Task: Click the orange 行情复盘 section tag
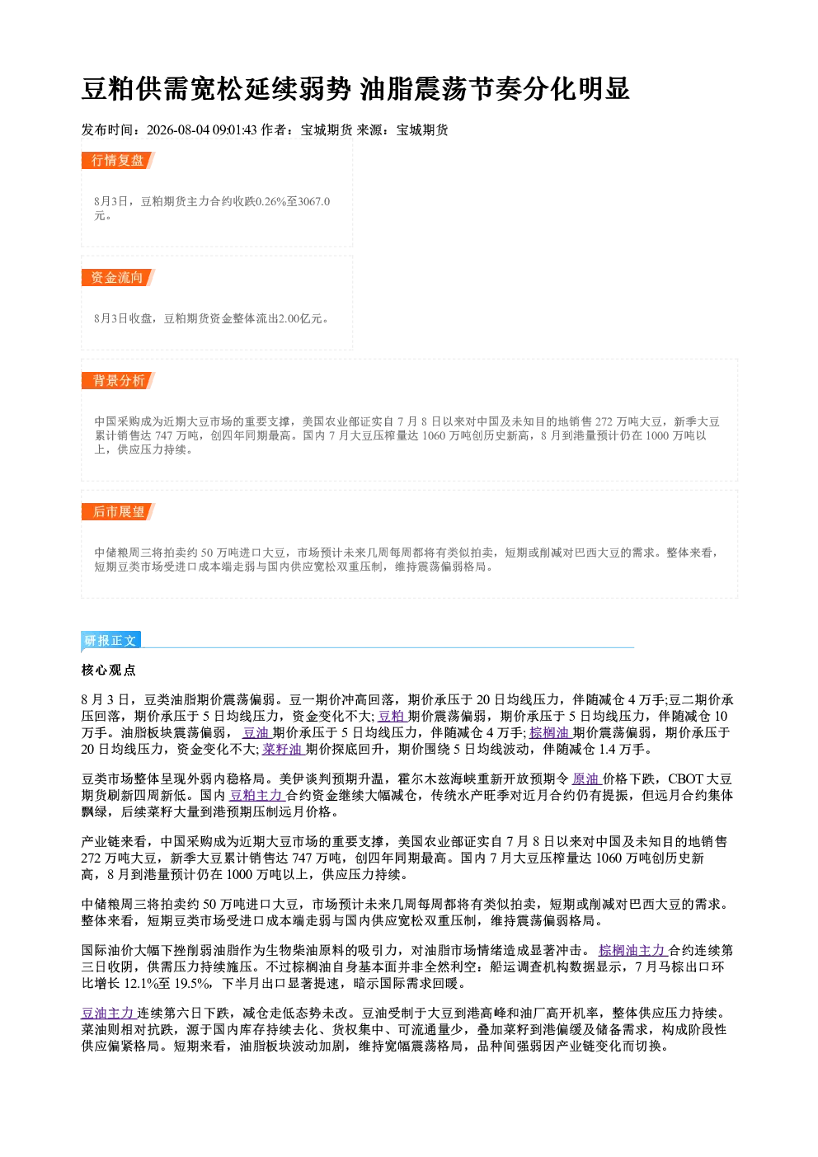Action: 118,160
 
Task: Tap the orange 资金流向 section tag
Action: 118,277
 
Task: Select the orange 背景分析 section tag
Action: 118,381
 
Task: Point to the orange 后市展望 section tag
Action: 118,512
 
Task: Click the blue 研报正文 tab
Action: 110,641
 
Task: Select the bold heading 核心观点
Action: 109,670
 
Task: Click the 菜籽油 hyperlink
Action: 283,749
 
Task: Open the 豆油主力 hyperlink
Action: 109,1013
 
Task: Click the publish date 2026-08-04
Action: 178,129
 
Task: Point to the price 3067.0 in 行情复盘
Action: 314,201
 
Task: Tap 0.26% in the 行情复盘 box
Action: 271,201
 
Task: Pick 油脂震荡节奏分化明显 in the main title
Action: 495,88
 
